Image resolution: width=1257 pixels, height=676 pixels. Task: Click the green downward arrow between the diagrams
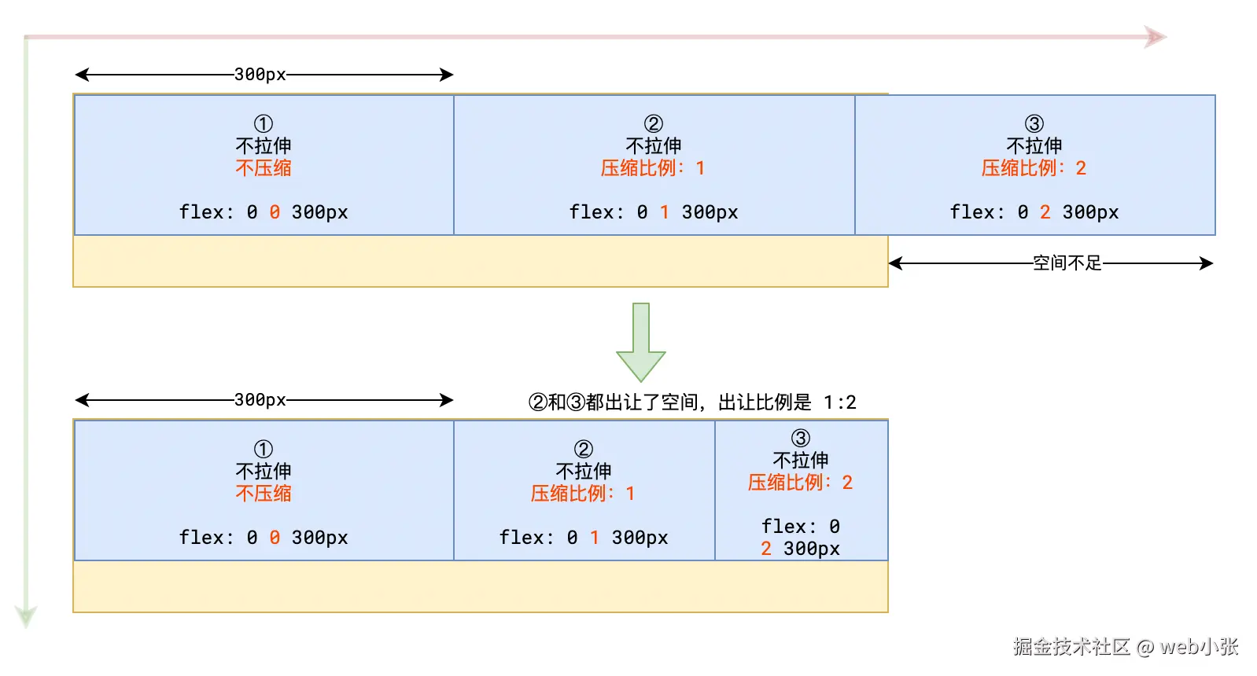click(641, 344)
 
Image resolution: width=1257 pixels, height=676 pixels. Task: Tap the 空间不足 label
click(1067, 263)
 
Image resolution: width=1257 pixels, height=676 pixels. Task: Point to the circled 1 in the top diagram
click(264, 123)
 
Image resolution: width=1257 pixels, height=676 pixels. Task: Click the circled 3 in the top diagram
click(1034, 123)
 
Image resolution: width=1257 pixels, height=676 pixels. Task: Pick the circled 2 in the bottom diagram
click(584, 449)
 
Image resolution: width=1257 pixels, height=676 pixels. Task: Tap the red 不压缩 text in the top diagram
click(264, 168)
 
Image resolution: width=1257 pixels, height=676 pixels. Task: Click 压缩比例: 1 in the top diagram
click(653, 168)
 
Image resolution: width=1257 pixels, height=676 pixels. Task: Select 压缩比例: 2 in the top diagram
click(1034, 168)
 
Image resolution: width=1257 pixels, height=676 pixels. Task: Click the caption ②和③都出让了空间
click(692, 402)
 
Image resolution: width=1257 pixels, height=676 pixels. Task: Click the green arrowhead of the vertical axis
click(26, 615)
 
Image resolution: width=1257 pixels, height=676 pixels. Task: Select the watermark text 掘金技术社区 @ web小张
click(1126, 647)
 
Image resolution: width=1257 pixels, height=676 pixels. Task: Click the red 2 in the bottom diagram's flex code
click(766, 549)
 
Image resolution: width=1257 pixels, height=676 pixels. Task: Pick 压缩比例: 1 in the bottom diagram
click(583, 494)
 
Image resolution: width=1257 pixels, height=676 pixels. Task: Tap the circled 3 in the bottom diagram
click(801, 438)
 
